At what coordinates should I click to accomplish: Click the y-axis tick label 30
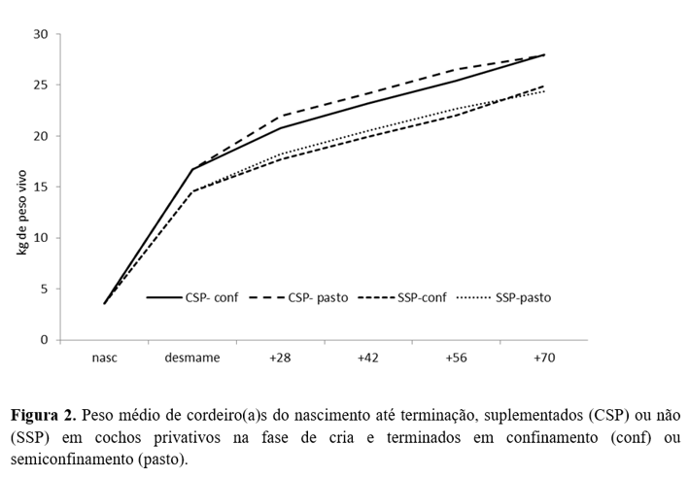[x=41, y=34]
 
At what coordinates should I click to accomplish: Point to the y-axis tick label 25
[x=41, y=85]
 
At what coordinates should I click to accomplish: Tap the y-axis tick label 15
[x=41, y=188]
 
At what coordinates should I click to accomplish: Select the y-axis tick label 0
[x=44, y=340]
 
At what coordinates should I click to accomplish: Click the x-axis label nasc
[x=105, y=358]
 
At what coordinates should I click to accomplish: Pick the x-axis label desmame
[x=192, y=358]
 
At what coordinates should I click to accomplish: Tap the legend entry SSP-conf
[x=420, y=297]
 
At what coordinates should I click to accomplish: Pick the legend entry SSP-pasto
[x=522, y=297]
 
